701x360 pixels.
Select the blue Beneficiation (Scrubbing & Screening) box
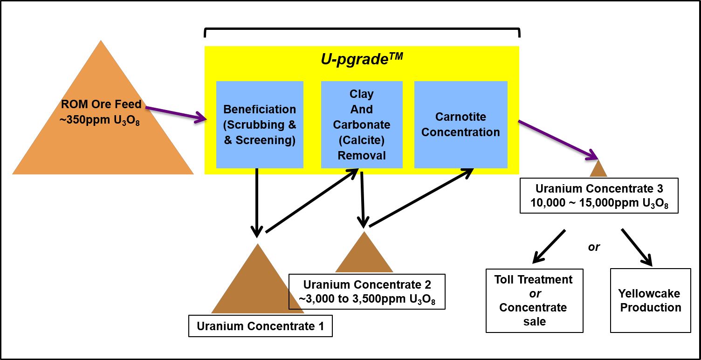260,125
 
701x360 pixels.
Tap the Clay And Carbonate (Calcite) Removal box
362,125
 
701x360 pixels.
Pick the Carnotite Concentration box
460,125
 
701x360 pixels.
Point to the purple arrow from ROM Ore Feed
176,114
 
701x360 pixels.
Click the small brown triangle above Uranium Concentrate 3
598,170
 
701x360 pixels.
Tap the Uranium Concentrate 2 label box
367,292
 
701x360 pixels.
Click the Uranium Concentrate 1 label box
260,326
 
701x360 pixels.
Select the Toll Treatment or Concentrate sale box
534,300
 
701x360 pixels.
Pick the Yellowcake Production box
650,300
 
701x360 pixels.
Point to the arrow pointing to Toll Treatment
549,245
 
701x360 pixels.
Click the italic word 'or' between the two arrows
594,247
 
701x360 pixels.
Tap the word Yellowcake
649,293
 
